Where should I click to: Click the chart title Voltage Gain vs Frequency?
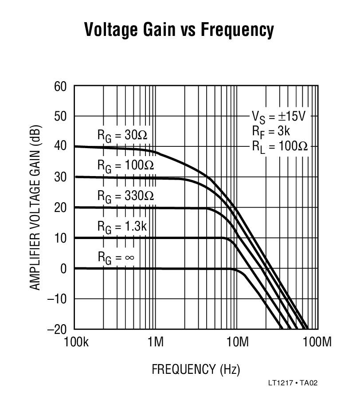pyautogui.click(x=179, y=30)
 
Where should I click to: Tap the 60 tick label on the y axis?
pyautogui.click(x=61, y=86)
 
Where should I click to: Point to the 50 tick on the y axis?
pyautogui.click(x=61, y=117)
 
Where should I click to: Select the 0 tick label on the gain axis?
pyautogui.click(x=64, y=269)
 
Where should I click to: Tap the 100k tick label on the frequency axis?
pyautogui.click(x=74, y=342)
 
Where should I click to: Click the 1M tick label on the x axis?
pyautogui.click(x=155, y=342)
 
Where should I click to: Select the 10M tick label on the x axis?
pyautogui.click(x=236, y=342)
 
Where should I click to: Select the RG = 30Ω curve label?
pyautogui.click(x=125, y=135)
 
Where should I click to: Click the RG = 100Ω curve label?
pyautogui.click(x=125, y=165)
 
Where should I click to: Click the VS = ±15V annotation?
pyautogui.click(x=278, y=117)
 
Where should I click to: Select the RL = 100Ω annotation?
pyautogui.click(x=279, y=146)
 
